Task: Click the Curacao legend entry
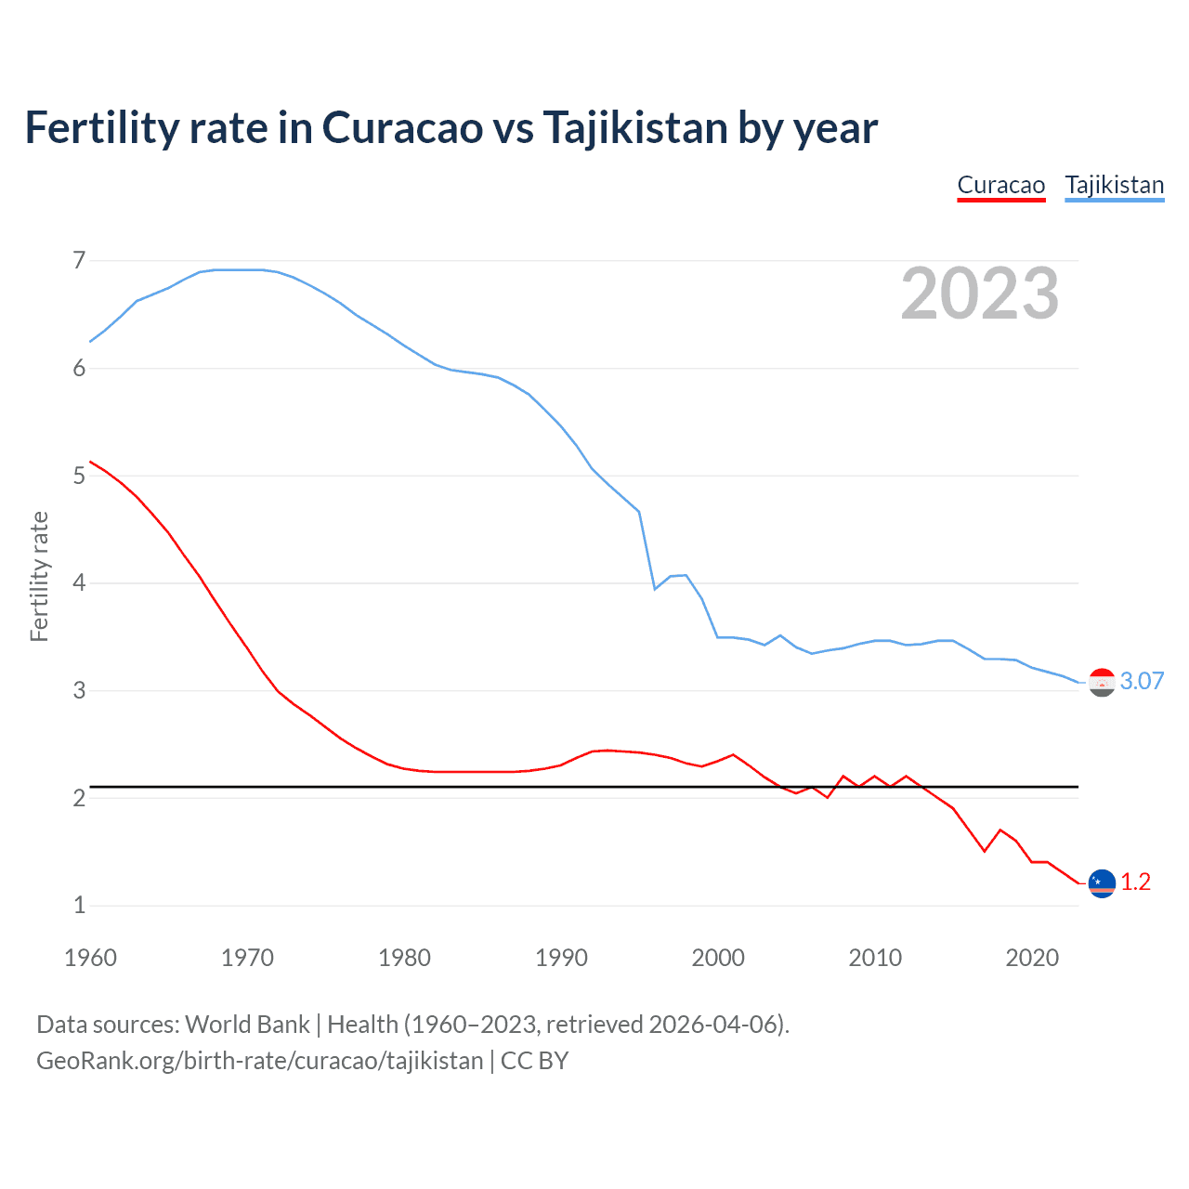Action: coord(1000,185)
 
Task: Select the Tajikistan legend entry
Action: coord(1114,185)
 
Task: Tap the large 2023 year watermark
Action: coord(979,294)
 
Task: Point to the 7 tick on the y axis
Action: coord(79,260)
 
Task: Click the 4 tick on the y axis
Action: coord(79,582)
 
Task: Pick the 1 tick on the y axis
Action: coord(79,905)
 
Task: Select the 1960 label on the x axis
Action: coord(90,958)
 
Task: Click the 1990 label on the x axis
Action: coord(561,958)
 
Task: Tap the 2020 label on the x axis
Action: coord(1032,958)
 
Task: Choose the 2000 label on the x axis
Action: coord(718,958)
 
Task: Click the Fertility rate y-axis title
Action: coord(39,576)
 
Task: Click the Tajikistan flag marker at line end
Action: coord(1102,682)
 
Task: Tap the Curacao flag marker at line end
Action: coord(1102,882)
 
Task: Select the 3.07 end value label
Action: coord(1142,681)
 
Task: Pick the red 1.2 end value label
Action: coord(1135,882)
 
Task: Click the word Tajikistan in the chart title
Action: coord(635,127)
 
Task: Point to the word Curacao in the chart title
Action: coord(402,127)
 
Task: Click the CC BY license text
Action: coord(534,1061)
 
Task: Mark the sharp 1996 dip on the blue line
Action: coord(655,589)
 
